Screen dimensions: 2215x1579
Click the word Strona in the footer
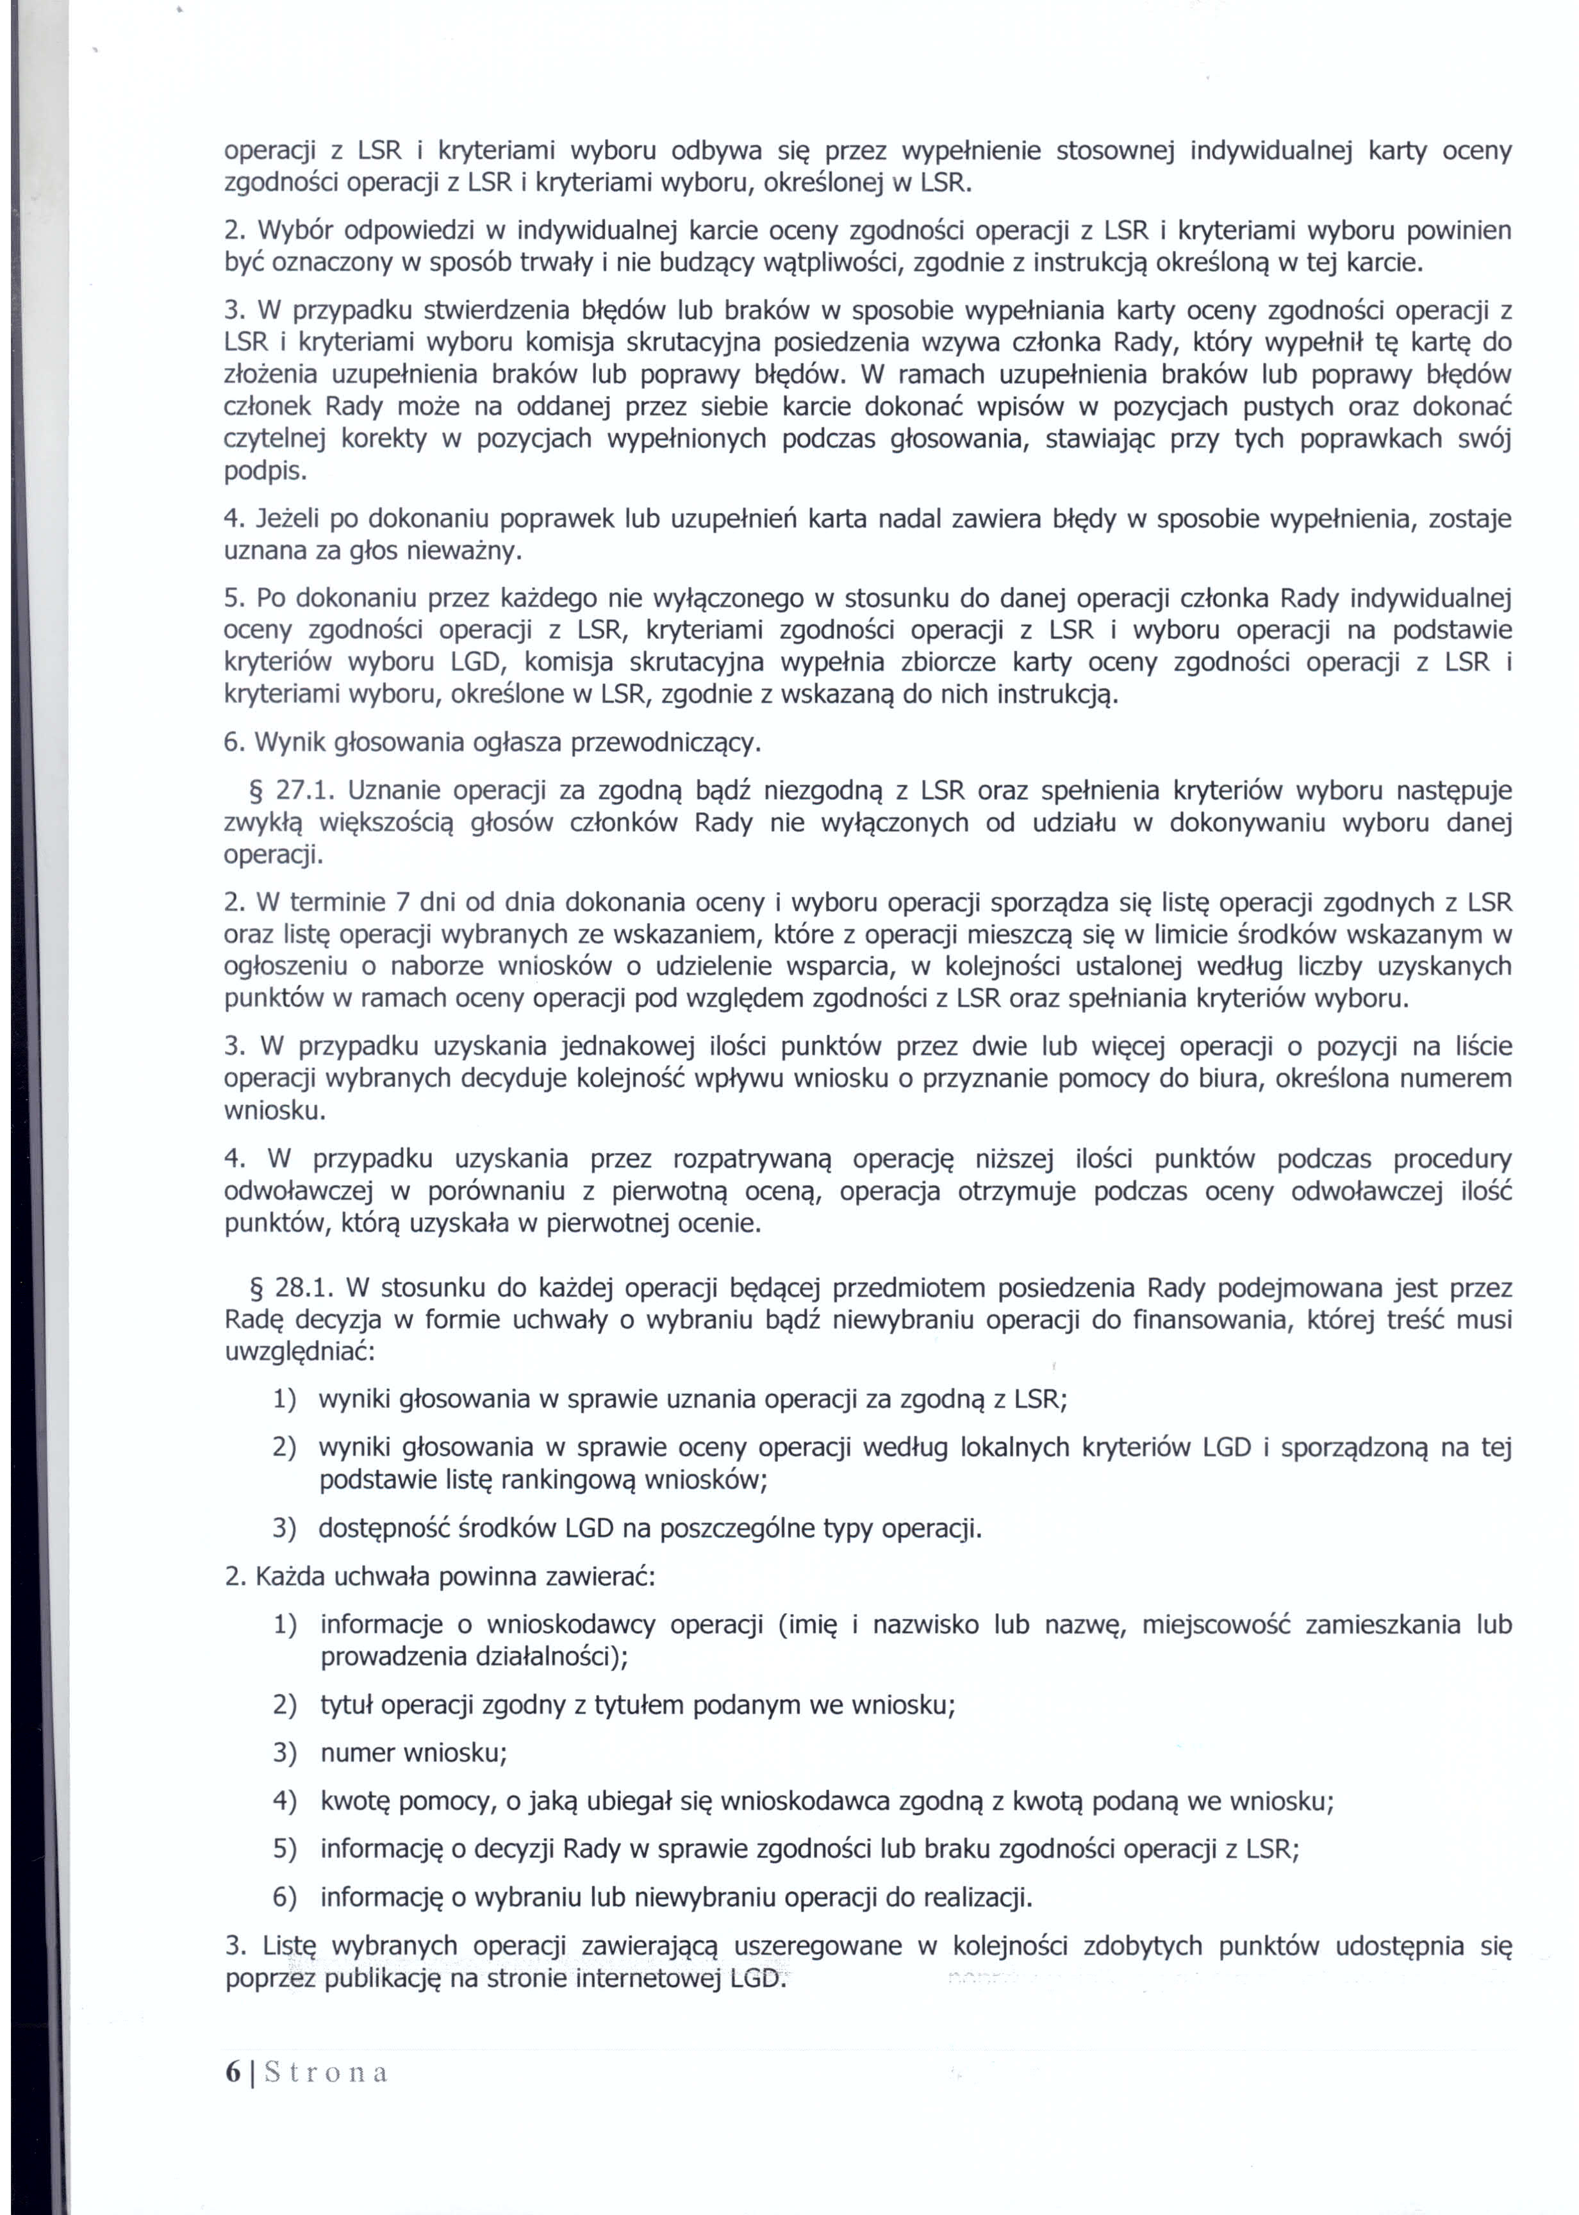(x=326, y=2072)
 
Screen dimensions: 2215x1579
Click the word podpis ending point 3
(x=265, y=472)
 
